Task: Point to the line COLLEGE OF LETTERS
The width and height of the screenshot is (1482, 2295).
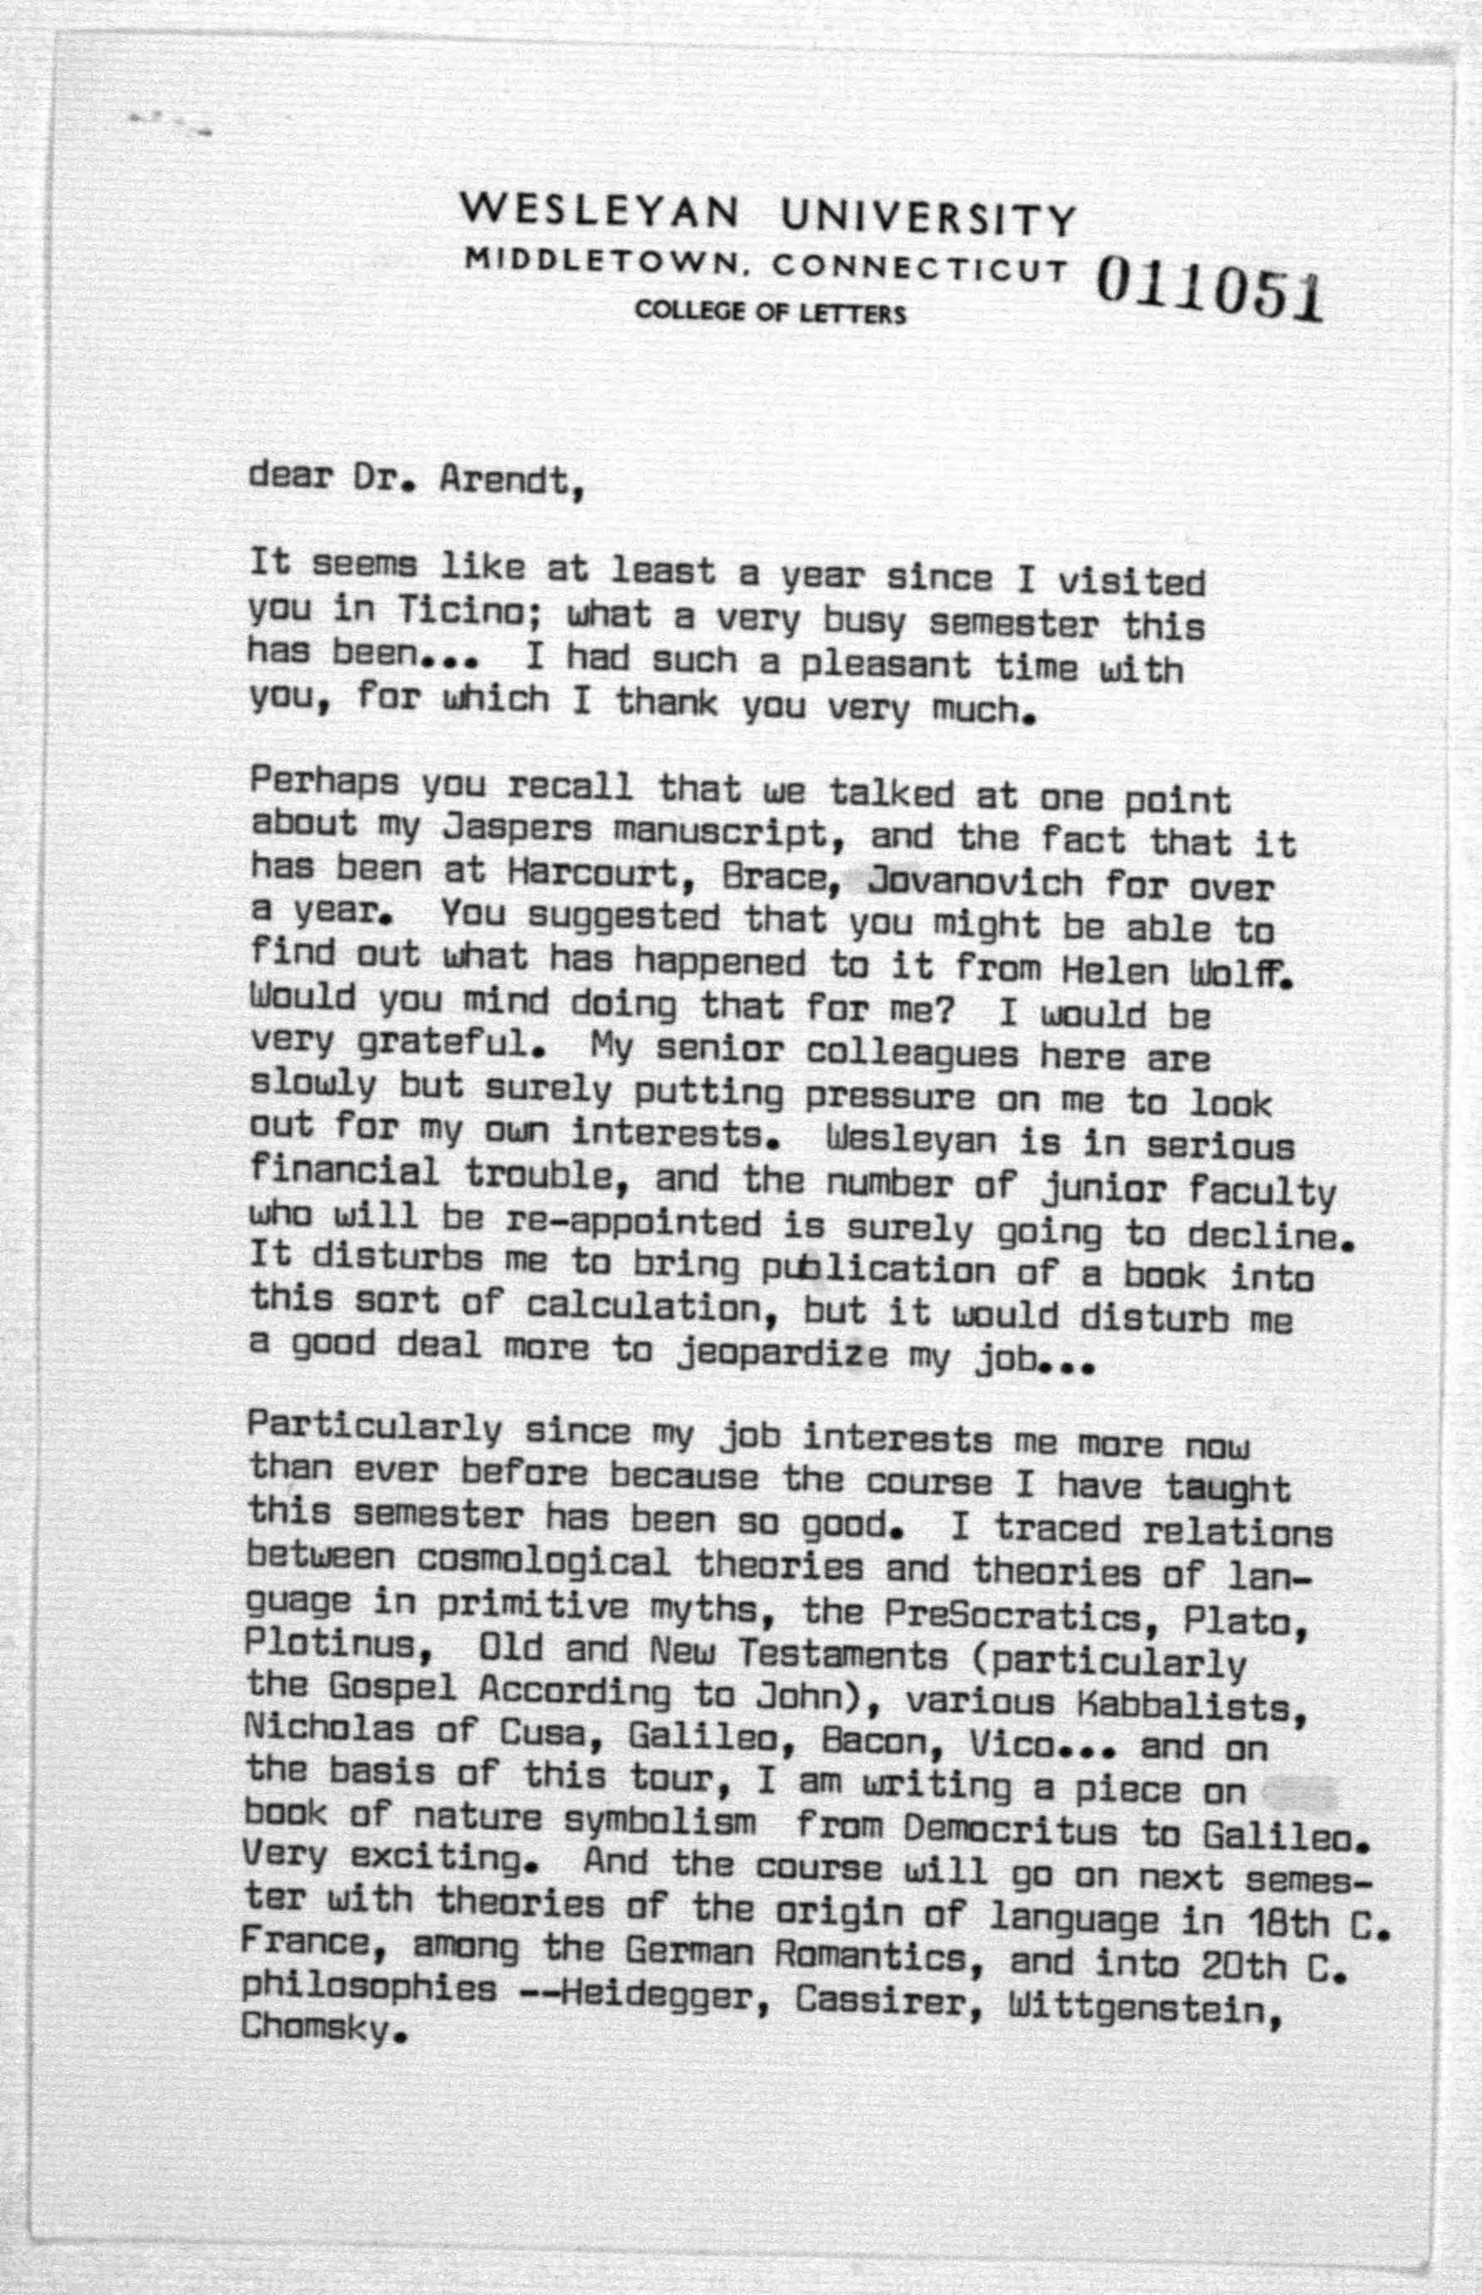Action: coord(769,313)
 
